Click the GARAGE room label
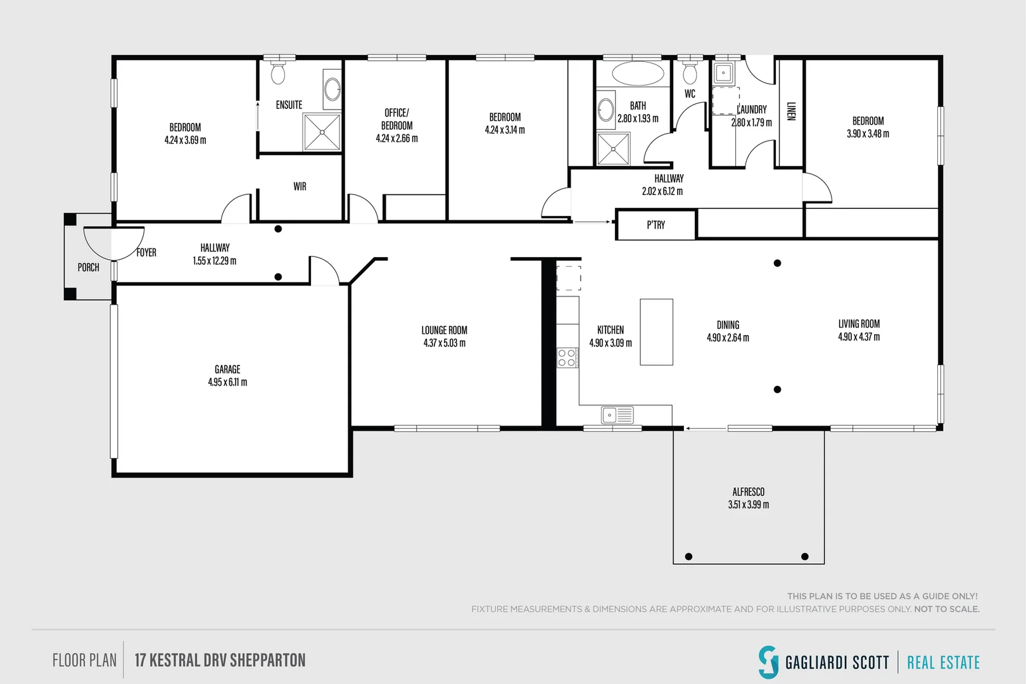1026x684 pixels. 227,369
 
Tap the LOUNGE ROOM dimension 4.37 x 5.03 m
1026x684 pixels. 444,343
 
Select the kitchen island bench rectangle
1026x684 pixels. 656,332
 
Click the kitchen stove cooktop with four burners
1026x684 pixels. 567,358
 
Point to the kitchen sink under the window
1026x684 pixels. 617,415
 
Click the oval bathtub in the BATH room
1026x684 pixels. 638,73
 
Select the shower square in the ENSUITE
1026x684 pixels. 322,132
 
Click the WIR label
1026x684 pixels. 300,186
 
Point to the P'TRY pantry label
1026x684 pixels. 655,225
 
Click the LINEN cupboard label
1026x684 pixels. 790,111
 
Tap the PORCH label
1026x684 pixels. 89,267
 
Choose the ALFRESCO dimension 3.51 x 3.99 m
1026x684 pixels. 748,505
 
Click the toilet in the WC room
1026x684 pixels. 690,73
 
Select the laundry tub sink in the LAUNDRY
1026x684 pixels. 723,73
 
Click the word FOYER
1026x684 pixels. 146,252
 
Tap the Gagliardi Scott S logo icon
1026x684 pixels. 768,662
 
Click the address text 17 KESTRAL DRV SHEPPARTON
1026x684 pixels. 220,661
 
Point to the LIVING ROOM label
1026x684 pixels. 859,324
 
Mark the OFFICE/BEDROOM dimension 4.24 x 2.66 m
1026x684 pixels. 396,138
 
